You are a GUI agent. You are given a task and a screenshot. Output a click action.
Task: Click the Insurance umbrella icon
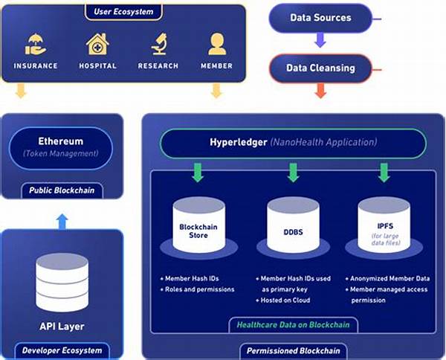click(x=36, y=45)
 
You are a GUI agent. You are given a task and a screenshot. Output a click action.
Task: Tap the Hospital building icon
click(x=97, y=45)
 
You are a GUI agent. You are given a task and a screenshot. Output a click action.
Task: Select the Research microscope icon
click(x=158, y=45)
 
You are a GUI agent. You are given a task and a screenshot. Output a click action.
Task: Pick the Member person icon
click(x=216, y=45)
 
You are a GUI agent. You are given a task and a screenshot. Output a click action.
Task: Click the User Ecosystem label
click(x=123, y=12)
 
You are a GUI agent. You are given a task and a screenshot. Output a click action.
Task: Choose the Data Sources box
click(x=321, y=18)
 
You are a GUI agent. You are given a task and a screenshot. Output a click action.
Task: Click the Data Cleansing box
click(x=321, y=68)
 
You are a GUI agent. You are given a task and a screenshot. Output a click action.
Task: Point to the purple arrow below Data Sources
click(x=320, y=42)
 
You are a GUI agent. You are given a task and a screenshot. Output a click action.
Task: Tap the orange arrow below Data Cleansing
click(x=320, y=91)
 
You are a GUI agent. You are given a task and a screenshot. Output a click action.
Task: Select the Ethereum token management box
click(x=61, y=147)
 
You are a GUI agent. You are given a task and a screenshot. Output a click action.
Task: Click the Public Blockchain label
click(x=62, y=190)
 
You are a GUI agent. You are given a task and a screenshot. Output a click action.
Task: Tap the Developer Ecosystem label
click(x=62, y=350)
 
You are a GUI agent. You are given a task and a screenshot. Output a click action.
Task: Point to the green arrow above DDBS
click(x=291, y=173)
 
